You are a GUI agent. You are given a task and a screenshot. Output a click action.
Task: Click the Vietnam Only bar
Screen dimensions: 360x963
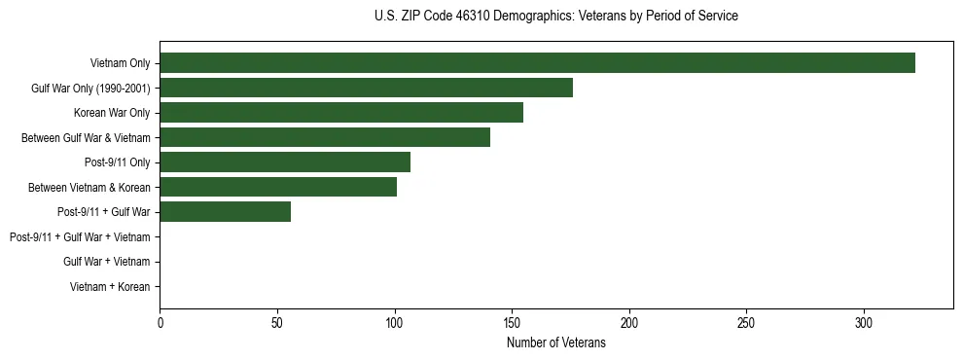[x=537, y=63]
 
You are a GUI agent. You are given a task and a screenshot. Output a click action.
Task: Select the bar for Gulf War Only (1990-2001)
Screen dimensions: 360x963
[x=366, y=88]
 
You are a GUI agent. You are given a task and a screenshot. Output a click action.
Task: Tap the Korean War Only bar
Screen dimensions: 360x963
[x=341, y=113]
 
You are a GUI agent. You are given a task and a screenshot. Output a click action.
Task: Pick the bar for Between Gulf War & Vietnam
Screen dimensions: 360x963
[x=325, y=137]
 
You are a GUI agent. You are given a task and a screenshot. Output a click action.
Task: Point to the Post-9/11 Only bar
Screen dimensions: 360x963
[x=285, y=162]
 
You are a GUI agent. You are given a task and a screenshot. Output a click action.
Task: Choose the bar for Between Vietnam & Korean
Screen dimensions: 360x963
[x=278, y=187]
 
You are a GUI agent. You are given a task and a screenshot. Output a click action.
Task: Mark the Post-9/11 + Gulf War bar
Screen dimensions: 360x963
[x=225, y=212]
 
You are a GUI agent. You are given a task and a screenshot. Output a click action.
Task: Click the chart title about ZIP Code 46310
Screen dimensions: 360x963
[x=555, y=17]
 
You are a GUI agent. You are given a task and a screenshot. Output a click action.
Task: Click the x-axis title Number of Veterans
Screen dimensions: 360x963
[x=555, y=342]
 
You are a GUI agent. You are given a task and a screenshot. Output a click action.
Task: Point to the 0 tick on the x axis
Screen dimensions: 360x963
[x=160, y=322]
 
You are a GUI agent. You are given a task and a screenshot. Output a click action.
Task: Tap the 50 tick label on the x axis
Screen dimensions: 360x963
[x=277, y=322]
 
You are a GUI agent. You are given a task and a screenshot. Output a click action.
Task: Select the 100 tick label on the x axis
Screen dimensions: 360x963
[x=395, y=322]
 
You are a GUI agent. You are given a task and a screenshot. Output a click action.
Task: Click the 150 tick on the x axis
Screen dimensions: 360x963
[x=512, y=322]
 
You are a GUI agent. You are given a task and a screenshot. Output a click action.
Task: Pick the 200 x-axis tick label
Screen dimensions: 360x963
[x=629, y=322]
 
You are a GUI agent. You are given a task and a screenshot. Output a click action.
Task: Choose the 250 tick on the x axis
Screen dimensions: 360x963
[x=746, y=322]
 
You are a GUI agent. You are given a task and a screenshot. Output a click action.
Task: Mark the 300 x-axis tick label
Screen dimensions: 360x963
[x=864, y=322]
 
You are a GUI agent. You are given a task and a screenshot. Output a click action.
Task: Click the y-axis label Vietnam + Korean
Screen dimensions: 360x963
[x=110, y=287]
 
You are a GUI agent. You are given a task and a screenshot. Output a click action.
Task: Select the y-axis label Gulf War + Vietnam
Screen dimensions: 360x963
[x=106, y=262]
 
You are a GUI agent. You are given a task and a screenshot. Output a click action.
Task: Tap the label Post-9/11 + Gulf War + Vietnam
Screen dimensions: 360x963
[x=80, y=237]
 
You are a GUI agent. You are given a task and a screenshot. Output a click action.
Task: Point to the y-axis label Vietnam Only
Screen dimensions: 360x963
[x=120, y=63]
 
